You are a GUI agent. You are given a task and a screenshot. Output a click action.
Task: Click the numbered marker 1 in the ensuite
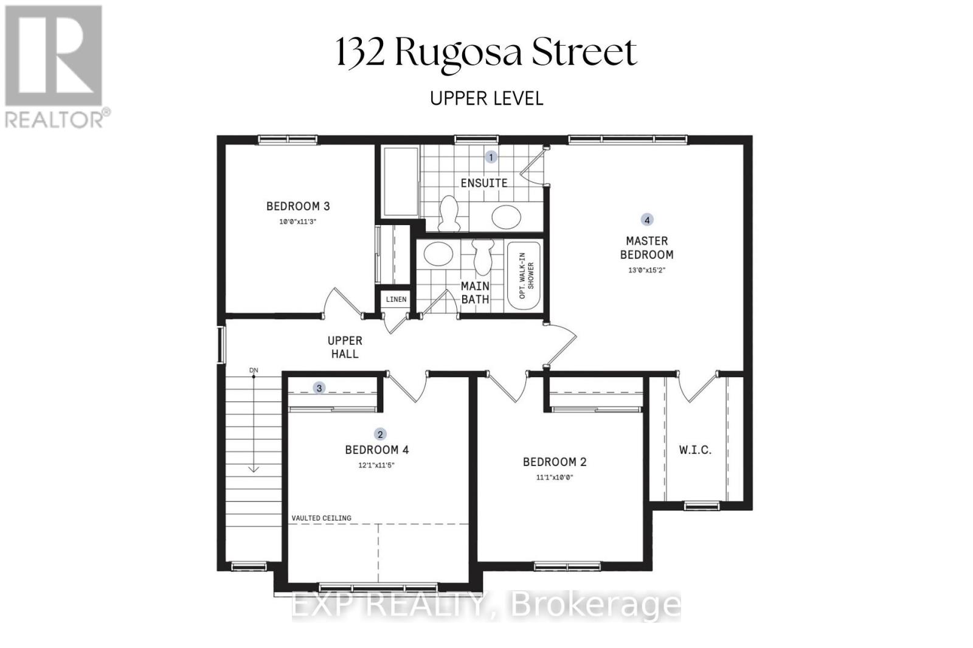491,158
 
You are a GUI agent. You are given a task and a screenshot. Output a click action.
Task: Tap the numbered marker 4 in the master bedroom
647,220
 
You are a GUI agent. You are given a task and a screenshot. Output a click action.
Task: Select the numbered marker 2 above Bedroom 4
380,434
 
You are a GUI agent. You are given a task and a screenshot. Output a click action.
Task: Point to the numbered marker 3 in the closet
319,388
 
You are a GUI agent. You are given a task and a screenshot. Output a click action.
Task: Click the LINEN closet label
396,299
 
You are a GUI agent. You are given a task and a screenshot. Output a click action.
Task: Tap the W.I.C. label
695,450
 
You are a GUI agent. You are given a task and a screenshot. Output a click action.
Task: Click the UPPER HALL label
345,347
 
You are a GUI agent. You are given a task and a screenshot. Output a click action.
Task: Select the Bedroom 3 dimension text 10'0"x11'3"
297,221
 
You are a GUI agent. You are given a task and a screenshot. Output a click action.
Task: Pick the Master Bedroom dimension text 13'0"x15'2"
647,270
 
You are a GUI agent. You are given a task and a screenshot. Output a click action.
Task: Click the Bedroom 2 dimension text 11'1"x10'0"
555,477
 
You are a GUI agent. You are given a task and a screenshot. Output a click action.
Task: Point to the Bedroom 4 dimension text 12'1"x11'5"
376,465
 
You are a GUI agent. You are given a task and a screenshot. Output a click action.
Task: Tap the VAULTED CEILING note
322,518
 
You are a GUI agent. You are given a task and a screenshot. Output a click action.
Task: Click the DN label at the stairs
254,371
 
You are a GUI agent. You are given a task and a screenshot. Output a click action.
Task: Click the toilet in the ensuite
449,213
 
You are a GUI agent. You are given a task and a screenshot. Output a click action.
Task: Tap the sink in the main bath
438,254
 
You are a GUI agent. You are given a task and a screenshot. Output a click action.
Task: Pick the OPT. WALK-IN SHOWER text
527,276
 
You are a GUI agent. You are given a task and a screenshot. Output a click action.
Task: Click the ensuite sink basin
506,217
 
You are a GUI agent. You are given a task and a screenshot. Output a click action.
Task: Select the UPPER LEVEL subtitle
486,99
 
